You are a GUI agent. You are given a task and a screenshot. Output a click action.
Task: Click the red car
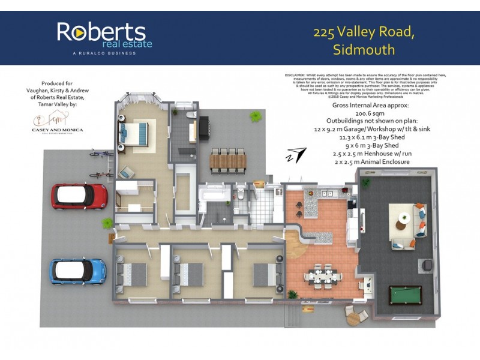click(x=79, y=196)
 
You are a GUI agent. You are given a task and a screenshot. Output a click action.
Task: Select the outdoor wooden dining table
click(x=228, y=161)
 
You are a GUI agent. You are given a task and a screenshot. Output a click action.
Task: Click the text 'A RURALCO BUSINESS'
click(x=104, y=53)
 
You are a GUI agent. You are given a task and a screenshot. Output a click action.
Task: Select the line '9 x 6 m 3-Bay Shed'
click(x=370, y=145)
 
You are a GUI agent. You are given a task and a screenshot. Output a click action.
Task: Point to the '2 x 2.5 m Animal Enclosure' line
click(x=370, y=161)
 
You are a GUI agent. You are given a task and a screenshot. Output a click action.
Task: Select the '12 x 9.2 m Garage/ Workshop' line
click(x=370, y=128)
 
